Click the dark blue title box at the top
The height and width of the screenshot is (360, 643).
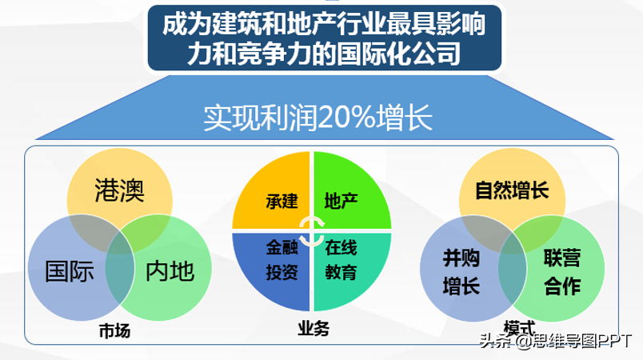click(x=325, y=38)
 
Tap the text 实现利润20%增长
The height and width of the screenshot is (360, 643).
click(x=318, y=118)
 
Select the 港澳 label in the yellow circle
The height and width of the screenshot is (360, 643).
click(x=119, y=190)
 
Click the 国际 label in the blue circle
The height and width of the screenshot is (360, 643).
click(x=70, y=271)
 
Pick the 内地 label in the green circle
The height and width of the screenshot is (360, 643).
click(x=170, y=271)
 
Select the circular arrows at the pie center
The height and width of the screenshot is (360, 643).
click(x=312, y=231)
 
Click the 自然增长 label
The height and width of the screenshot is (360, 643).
click(x=512, y=190)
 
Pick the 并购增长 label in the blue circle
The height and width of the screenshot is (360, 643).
click(x=461, y=272)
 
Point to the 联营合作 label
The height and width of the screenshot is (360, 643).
click(x=562, y=272)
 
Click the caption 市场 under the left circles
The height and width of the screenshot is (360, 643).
click(x=115, y=331)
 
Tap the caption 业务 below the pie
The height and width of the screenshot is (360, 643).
click(x=314, y=329)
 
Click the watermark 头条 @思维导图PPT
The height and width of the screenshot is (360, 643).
click(x=556, y=341)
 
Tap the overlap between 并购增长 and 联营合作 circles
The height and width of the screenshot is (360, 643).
click(x=512, y=269)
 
